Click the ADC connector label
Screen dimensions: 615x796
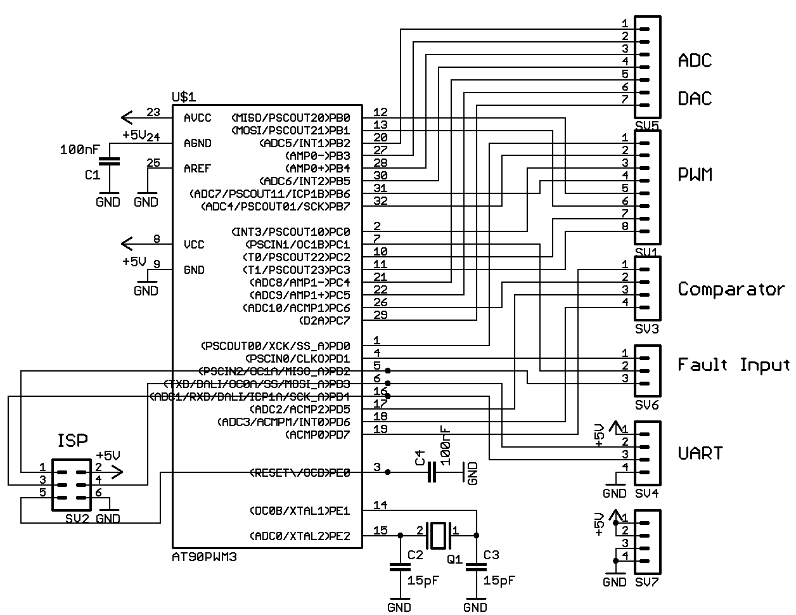click(695, 60)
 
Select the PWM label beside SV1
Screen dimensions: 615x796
click(695, 174)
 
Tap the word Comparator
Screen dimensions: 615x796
click(731, 289)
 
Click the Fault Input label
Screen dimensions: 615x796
click(733, 365)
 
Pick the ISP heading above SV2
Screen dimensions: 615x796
click(73, 441)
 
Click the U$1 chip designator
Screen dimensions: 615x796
click(184, 97)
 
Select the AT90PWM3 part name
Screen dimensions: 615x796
click(200, 556)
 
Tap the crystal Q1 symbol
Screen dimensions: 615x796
click(438, 535)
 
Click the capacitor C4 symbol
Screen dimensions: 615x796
click(432, 472)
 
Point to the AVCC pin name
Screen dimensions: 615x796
click(198, 118)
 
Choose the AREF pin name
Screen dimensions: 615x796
click(198, 169)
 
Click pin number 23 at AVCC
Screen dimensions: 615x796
click(153, 112)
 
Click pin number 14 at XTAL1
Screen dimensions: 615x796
click(380, 505)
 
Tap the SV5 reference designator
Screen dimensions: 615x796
click(647, 126)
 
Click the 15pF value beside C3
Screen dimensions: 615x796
click(499, 580)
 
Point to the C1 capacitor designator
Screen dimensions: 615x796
click(92, 174)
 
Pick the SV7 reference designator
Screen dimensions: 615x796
click(647, 582)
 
